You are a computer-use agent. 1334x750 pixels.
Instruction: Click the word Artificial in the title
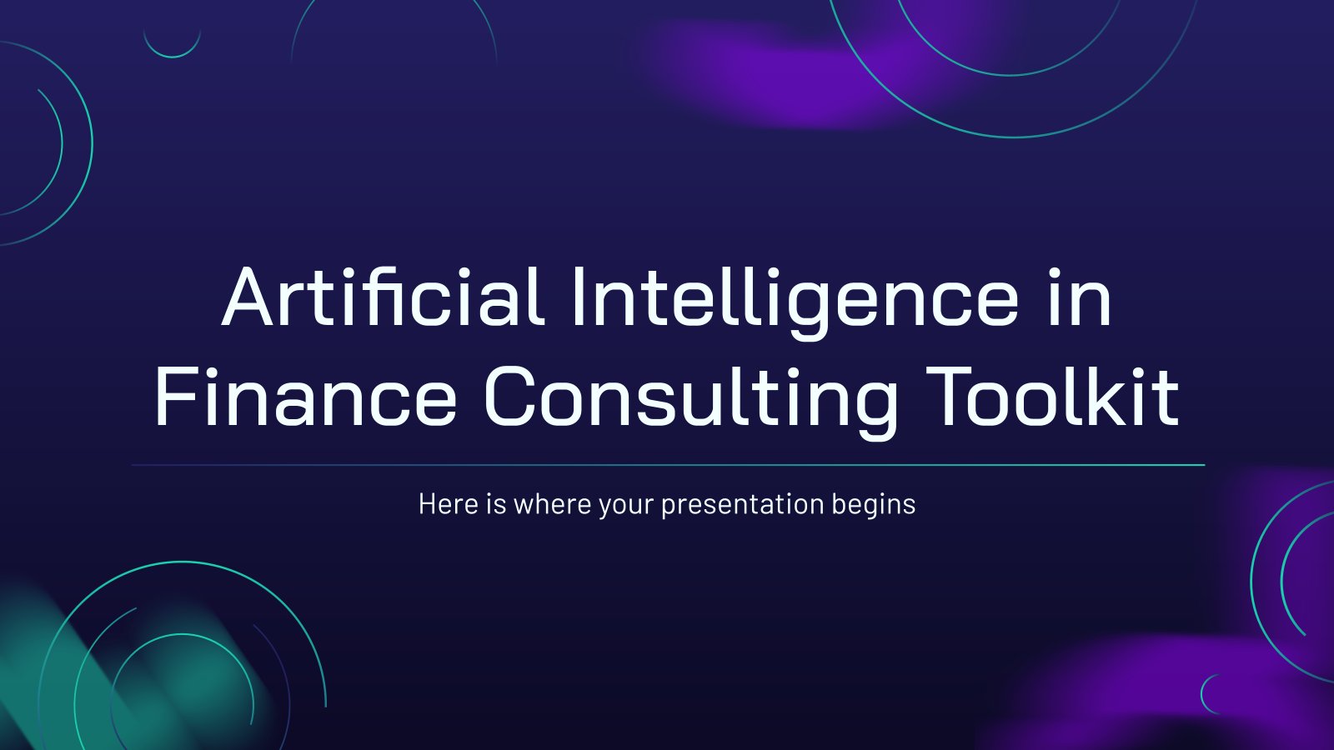(383, 296)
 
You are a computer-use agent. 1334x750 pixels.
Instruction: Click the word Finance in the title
(305, 396)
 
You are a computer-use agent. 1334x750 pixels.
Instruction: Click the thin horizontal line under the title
(668, 465)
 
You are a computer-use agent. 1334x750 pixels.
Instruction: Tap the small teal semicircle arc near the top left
(172, 57)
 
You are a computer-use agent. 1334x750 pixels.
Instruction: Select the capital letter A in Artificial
(247, 297)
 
